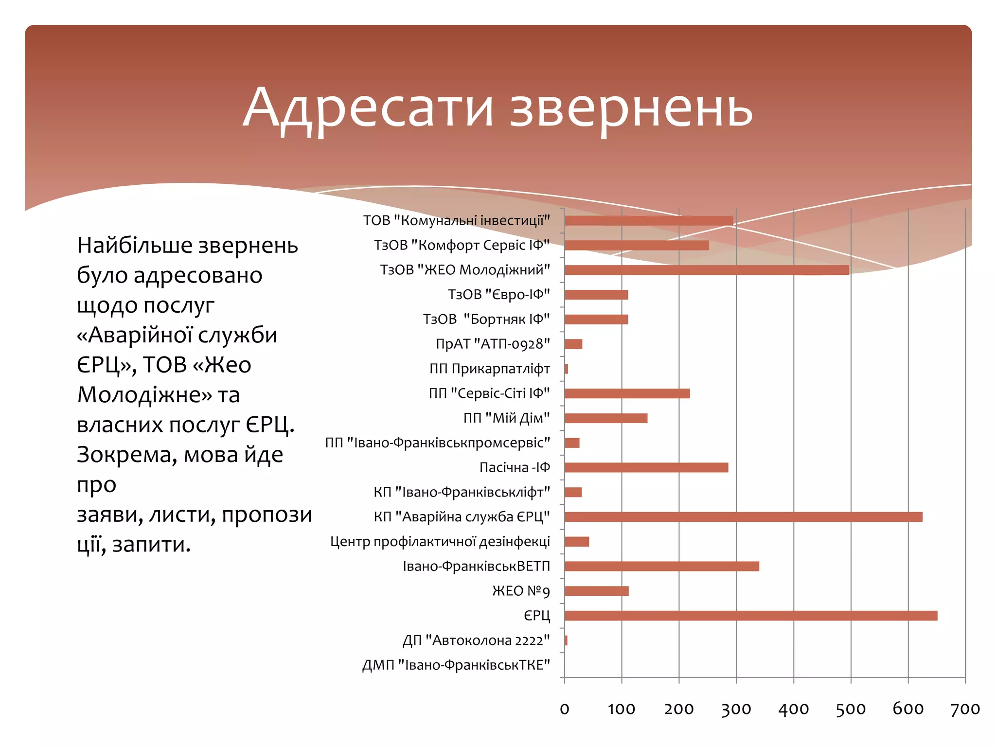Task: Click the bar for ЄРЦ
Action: tap(751, 616)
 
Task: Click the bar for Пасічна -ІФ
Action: tap(646, 467)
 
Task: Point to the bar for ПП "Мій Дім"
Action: tap(606, 418)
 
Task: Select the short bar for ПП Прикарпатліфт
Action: tap(567, 369)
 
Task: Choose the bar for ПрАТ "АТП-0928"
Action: tap(573, 344)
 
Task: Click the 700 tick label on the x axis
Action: tap(965, 709)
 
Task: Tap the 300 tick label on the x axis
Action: tap(736, 709)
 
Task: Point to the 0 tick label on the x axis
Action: tap(564, 709)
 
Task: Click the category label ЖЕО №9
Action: tap(521, 591)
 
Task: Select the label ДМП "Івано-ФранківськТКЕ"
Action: tap(456, 665)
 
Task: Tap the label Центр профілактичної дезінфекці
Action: tap(440, 541)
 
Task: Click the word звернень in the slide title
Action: tap(631, 110)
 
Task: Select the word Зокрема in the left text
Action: tap(127, 455)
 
